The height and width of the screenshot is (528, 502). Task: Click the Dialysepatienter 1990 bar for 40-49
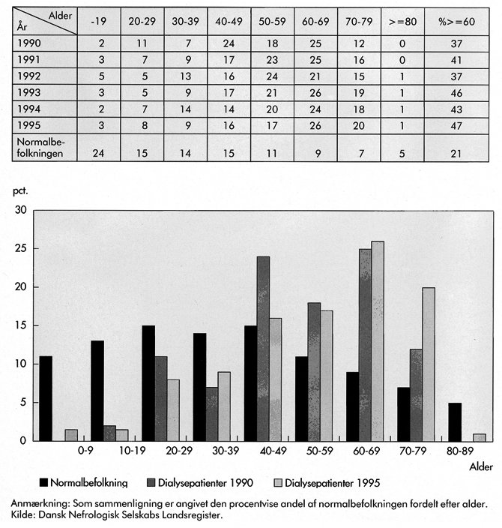(263, 348)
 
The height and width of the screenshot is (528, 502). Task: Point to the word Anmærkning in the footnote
(42, 502)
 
